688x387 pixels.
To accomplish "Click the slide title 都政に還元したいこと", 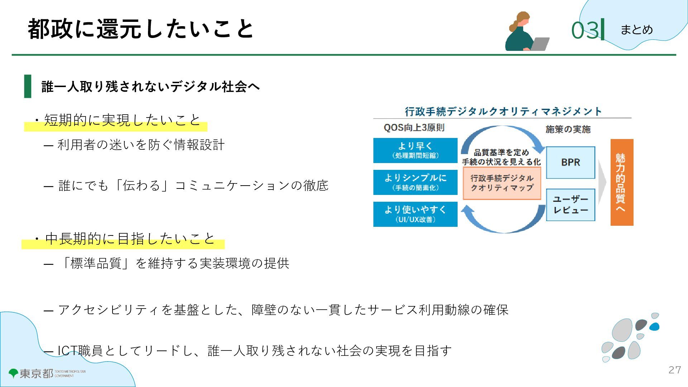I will click(140, 29).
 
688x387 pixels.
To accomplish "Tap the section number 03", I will click(585, 30).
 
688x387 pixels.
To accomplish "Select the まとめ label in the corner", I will click(636, 29).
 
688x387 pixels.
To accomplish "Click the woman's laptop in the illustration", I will click(540, 44).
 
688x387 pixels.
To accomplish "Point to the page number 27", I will click(674, 370).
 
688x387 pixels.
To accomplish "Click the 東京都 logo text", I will click(36, 373).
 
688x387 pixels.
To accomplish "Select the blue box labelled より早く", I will click(415, 150).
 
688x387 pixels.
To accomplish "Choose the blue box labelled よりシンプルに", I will click(415, 182).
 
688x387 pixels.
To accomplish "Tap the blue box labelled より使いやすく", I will click(415, 214).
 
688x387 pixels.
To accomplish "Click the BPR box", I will click(570, 162).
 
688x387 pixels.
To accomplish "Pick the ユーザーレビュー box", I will click(570, 205).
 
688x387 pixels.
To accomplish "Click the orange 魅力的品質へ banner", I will click(622, 182).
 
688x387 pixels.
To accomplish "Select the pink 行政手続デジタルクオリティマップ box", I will click(502, 183).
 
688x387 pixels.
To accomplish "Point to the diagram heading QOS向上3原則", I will click(414, 128).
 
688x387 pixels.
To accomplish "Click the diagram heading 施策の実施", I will click(568, 129).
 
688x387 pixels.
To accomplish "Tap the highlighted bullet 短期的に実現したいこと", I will click(122, 120).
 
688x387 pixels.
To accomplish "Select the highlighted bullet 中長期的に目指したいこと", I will click(130, 239).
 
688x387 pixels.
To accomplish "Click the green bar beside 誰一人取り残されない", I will click(28, 86).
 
